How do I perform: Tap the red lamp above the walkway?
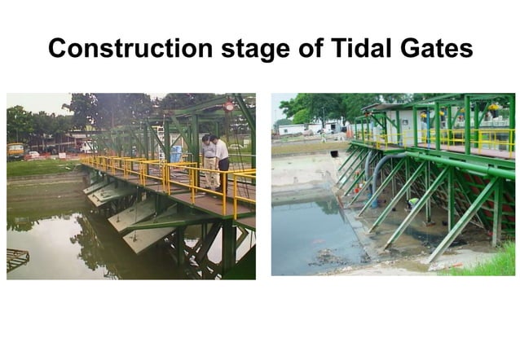[229, 106]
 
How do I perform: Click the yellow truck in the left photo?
[15, 151]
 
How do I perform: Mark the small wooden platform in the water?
[16, 259]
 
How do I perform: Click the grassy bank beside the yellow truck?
[41, 165]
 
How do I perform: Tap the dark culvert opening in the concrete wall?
[333, 153]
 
